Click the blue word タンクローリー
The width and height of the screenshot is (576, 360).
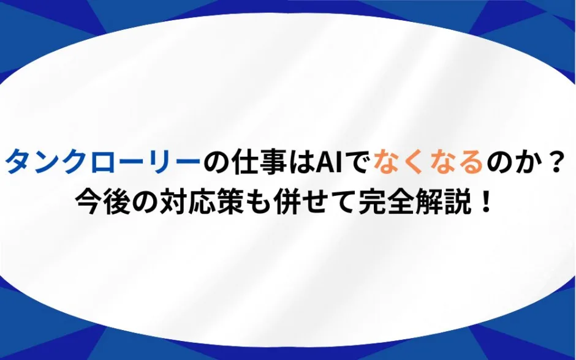coord(103,162)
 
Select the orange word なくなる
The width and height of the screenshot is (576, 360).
coord(428,162)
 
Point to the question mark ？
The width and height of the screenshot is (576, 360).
coord(553,162)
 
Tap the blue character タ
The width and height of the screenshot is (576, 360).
coord(18,162)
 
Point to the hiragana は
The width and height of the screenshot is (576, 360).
coord(302,162)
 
